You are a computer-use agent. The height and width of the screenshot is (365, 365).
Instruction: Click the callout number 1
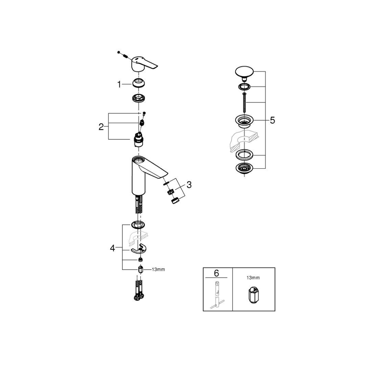click(119, 85)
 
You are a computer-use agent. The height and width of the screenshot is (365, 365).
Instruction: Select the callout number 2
click(101, 127)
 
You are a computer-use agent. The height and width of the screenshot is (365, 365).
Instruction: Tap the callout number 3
click(189, 185)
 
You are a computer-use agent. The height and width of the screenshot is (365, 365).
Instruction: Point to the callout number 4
click(112, 249)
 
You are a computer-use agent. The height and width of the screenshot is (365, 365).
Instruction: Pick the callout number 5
click(272, 120)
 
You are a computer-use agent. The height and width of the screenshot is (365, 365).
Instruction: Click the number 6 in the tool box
click(216, 273)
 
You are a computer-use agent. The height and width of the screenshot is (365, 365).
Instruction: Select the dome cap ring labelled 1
click(139, 83)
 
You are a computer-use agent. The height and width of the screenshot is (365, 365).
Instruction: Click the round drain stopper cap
click(244, 73)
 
